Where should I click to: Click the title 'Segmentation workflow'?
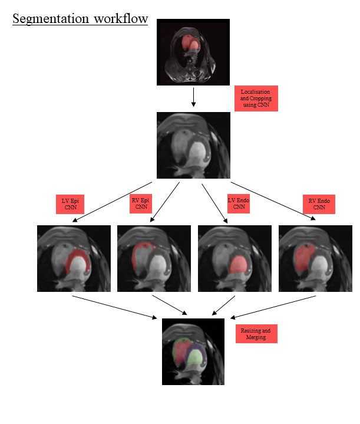[x=80, y=18]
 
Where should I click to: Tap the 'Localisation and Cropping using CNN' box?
[x=256, y=98]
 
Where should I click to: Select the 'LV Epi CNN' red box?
[x=70, y=205]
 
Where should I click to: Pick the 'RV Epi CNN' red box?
[x=141, y=204]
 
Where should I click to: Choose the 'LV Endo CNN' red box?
[x=239, y=204]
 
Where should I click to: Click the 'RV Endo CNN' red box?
[x=319, y=205]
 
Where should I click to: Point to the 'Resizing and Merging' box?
[x=256, y=333]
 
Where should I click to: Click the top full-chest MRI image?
[x=193, y=52]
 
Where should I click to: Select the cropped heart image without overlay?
[x=193, y=145]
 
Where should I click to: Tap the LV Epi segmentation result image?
[x=74, y=258]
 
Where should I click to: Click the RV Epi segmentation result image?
[x=154, y=258]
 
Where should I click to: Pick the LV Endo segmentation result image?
[x=235, y=258]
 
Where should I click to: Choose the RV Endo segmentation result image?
[x=315, y=258]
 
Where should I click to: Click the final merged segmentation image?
[x=193, y=351]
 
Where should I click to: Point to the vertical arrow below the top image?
[x=193, y=97]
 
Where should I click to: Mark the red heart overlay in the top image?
[x=190, y=44]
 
